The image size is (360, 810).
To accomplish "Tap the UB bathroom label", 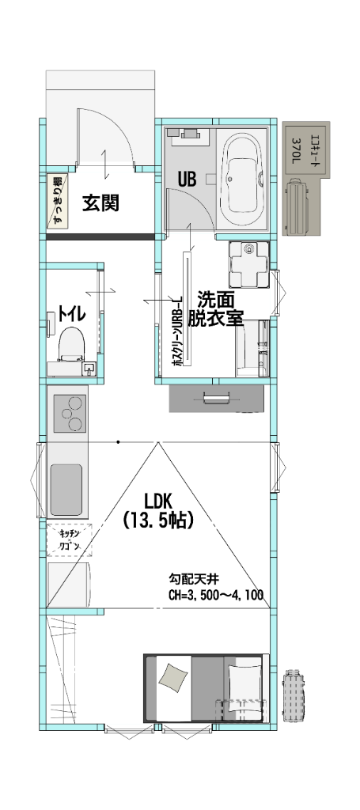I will coord(186,179).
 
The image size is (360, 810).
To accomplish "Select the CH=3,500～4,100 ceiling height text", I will coord(215,596).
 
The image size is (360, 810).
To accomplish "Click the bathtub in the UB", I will coord(243,180).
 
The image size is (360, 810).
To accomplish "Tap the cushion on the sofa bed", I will coord(173,676).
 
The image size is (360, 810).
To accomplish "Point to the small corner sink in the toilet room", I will coord(89,367).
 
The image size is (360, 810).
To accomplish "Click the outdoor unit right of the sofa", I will coord(294,696).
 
